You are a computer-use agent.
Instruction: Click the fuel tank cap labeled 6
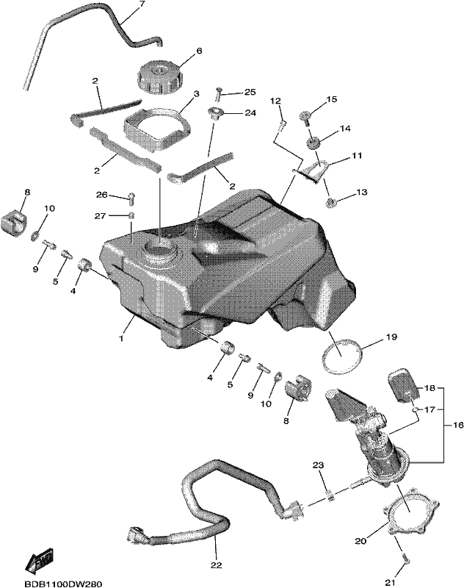[x=159, y=77]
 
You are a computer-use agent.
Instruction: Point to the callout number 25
[x=250, y=93]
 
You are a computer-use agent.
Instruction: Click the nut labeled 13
[x=330, y=203]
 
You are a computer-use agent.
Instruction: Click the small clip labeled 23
[x=330, y=496]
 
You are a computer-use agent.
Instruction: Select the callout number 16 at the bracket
[x=458, y=425]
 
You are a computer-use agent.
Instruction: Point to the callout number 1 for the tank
[x=121, y=338]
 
